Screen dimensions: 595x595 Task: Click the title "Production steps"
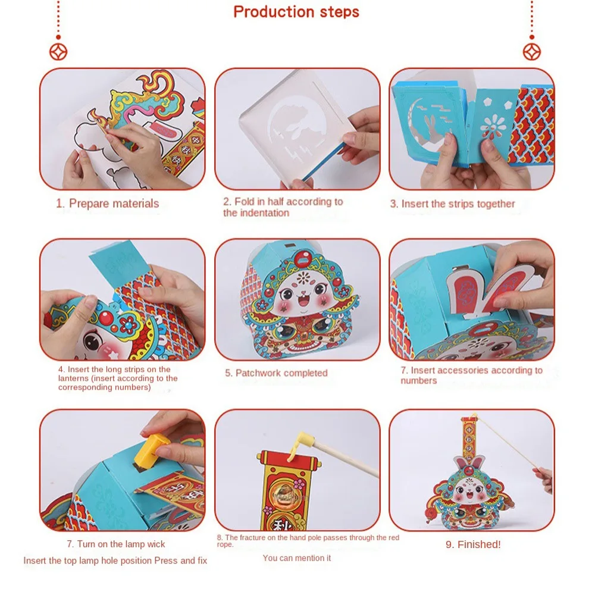tap(296, 12)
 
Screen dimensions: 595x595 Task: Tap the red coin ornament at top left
tap(58, 52)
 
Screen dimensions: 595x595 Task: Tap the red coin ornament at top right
tap(531, 52)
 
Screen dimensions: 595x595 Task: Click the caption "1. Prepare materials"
tap(108, 203)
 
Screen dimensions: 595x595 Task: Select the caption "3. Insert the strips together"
tap(452, 203)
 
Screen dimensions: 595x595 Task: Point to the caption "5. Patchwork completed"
tap(276, 373)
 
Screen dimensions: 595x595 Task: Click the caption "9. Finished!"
tap(473, 544)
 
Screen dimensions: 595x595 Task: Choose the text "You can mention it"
tap(297, 558)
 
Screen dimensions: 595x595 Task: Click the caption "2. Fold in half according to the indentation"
tap(283, 207)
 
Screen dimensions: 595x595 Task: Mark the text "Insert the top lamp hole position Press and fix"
tap(115, 560)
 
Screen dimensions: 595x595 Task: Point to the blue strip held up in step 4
tap(117, 261)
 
